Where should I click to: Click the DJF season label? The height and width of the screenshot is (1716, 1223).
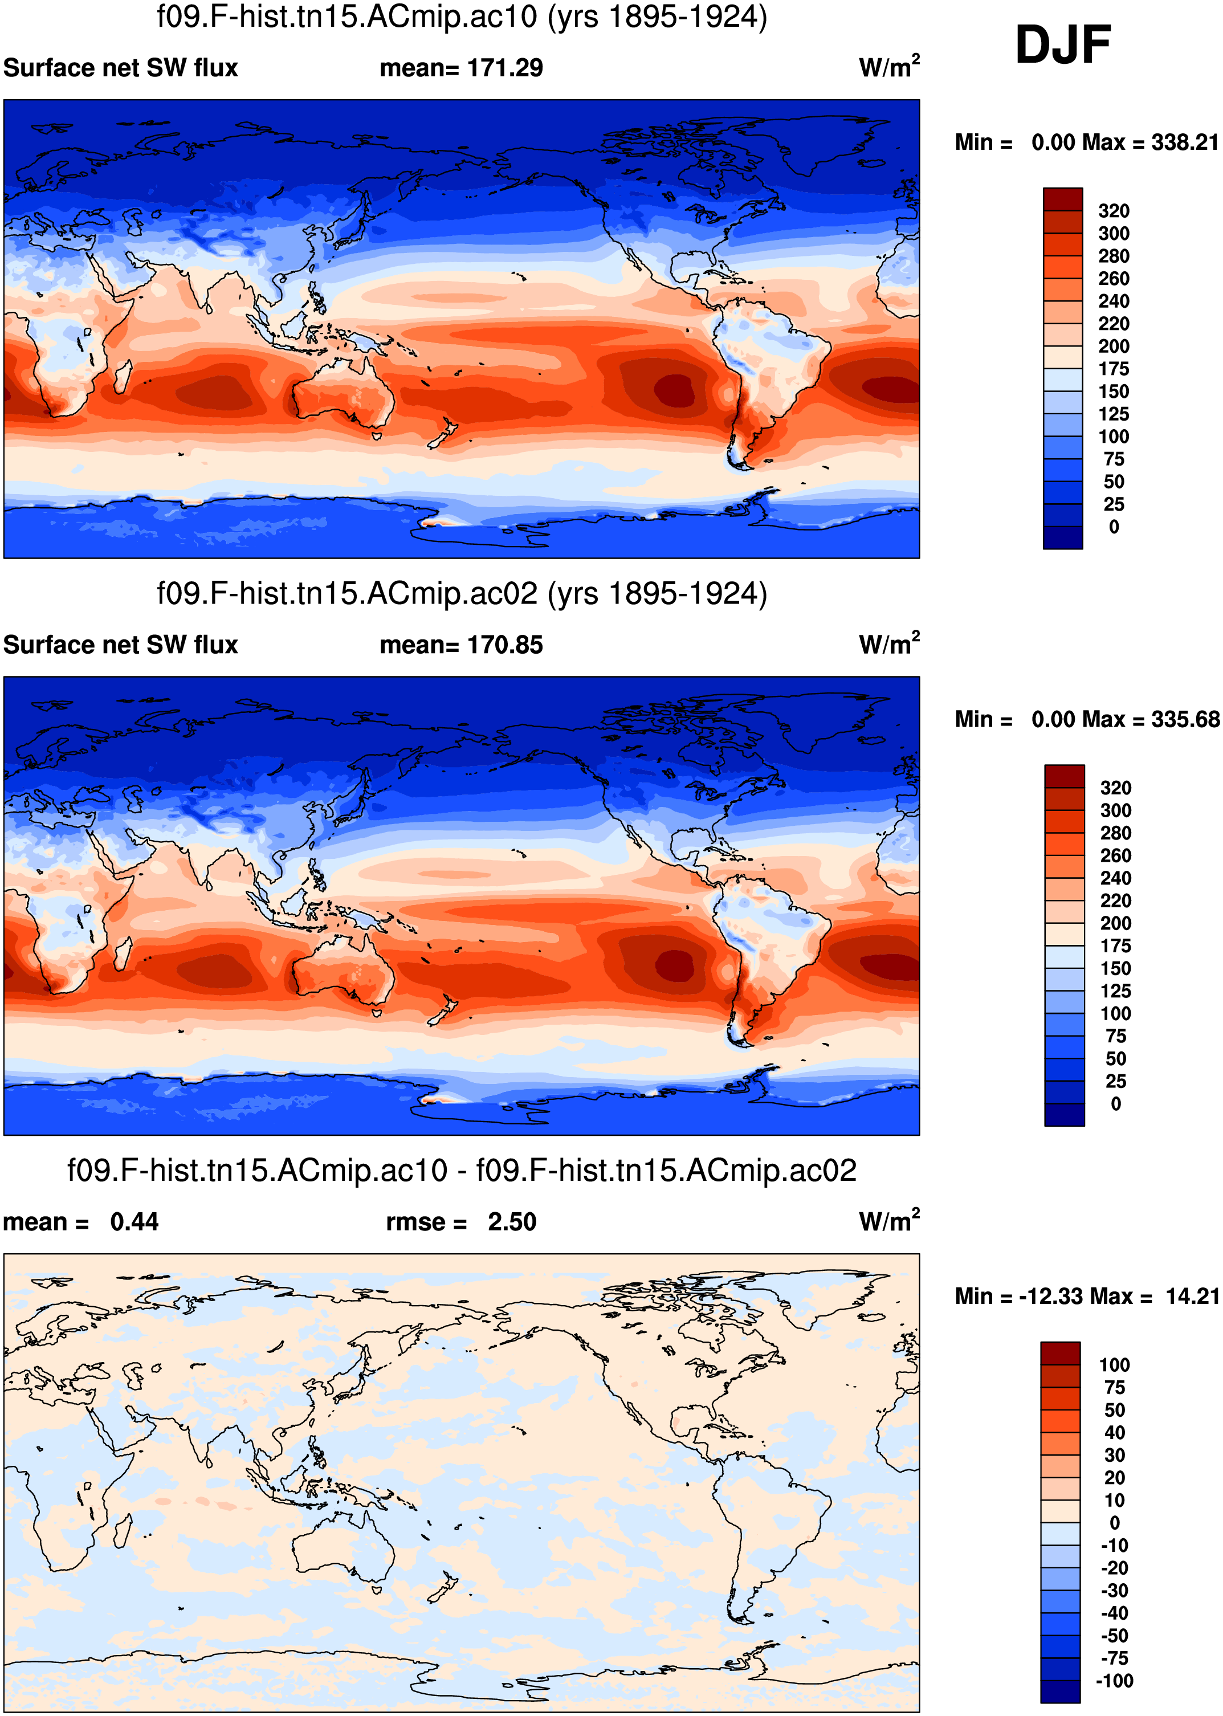pyautogui.click(x=1063, y=44)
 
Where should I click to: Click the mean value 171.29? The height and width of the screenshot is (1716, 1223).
pyautogui.click(x=504, y=68)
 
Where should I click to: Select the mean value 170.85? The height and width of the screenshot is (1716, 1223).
pyautogui.click(x=504, y=645)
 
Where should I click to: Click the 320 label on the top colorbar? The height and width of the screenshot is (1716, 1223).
pyautogui.click(x=1113, y=211)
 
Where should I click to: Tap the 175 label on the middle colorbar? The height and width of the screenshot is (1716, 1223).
pyautogui.click(x=1115, y=945)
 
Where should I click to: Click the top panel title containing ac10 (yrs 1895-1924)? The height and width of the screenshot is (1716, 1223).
pyautogui.click(x=462, y=17)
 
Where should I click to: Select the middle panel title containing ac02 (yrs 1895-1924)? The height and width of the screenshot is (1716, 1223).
pyautogui.click(x=462, y=593)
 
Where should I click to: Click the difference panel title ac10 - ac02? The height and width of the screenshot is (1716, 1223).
pyautogui.click(x=462, y=1171)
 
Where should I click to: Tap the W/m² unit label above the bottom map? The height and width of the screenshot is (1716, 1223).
pyautogui.click(x=888, y=1221)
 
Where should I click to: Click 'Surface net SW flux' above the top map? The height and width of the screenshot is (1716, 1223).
pyautogui.click(x=120, y=68)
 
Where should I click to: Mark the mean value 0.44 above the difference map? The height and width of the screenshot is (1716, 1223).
pyautogui.click(x=134, y=1222)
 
